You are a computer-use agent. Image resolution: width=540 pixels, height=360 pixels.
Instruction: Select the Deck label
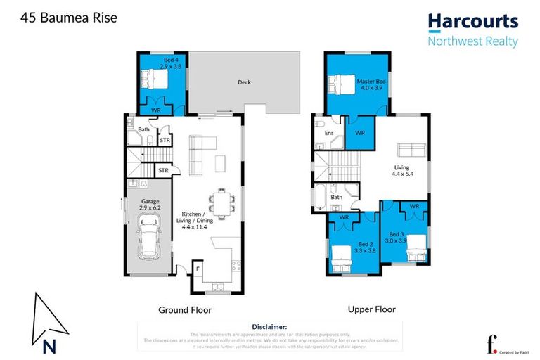pyautogui.click(x=244, y=82)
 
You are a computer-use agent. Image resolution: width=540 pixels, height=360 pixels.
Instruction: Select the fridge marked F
pyautogui.click(x=198, y=269)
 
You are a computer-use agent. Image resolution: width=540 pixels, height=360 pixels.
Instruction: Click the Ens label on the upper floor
pyautogui.click(x=328, y=132)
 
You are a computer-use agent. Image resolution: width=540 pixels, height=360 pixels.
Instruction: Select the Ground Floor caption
pyautogui.click(x=186, y=309)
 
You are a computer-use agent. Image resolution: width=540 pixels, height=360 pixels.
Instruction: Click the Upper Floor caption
pyautogui.click(x=371, y=309)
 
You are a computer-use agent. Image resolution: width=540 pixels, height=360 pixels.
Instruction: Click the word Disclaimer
pyautogui.click(x=269, y=327)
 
